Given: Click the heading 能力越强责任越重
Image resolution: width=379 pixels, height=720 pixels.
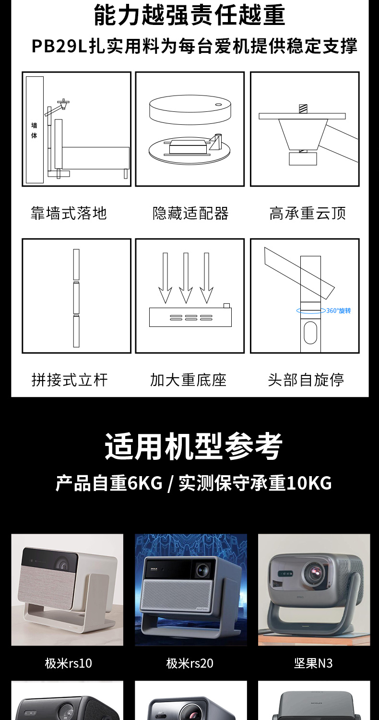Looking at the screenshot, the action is click(189, 15).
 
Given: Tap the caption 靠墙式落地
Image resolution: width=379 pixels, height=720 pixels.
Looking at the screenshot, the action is click(69, 213).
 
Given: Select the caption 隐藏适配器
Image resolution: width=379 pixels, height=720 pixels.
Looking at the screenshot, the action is click(190, 213).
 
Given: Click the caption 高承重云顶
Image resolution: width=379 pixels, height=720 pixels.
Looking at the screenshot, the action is click(308, 213).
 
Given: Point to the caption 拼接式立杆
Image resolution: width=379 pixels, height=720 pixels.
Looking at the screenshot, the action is click(70, 380).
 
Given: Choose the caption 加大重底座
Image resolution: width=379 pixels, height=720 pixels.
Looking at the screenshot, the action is click(188, 380).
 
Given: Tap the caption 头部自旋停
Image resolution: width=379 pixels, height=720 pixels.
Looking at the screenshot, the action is click(306, 380).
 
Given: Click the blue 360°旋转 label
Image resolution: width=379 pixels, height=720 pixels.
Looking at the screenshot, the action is click(339, 311).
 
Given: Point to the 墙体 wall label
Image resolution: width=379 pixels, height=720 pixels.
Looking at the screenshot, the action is click(34, 130).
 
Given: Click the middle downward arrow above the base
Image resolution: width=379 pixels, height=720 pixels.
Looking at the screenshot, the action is click(186, 278).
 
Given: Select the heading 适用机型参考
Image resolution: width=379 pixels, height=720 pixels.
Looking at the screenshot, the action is click(193, 446).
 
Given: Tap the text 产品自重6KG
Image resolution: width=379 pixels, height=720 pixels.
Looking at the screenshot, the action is click(109, 483).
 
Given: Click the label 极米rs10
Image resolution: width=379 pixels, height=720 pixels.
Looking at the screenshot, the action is click(69, 663).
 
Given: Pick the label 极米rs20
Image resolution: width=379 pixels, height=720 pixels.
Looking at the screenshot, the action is click(190, 663).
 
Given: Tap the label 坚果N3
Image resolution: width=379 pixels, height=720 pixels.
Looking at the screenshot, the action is click(313, 663).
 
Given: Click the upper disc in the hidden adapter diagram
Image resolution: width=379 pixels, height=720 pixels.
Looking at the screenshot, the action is click(190, 109).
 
